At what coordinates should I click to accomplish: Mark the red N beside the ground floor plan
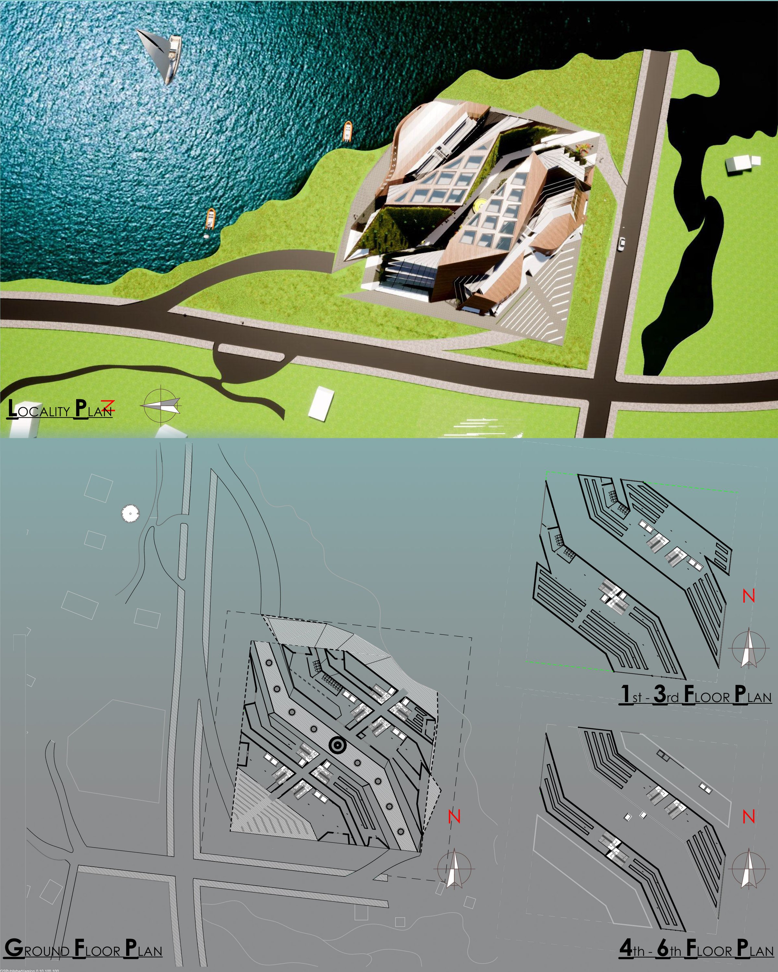click(x=454, y=816)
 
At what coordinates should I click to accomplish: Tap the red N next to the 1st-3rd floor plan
click(x=748, y=596)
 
